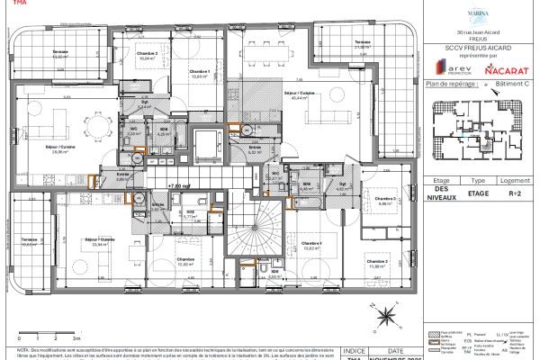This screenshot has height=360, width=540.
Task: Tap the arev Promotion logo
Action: pyautogui.click(x=450, y=68)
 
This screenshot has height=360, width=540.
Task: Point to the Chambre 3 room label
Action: pyautogui.click(x=386, y=201)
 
